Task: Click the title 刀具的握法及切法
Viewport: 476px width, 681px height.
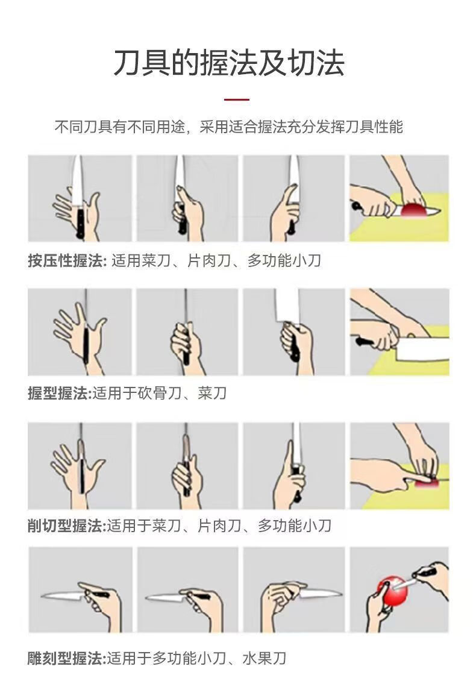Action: pyautogui.click(x=229, y=63)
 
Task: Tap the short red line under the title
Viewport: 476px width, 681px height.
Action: pyautogui.click(x=237, y=99)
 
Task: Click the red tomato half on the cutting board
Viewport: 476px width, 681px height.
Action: pyautogui.click(x=414, y=210)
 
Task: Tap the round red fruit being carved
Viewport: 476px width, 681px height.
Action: pyautogui.click(x=392, y=590)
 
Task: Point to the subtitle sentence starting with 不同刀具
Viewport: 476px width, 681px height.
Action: pyautogui.click(x=229, y=127)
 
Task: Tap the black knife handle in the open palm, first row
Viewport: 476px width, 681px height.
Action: pyautogui.click(x=80, y=223)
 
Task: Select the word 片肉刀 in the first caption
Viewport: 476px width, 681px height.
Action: pyautogui.click(x=208, y=260)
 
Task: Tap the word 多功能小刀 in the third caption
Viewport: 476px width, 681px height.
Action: pyautogui.click(x=295, y=526)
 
